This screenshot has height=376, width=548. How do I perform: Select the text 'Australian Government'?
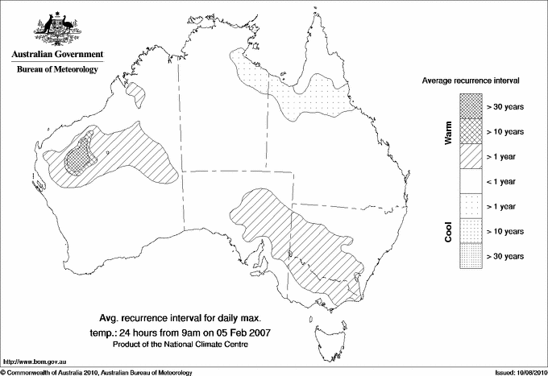point(57,55)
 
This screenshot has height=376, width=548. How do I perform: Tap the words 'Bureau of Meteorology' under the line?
point(57,70)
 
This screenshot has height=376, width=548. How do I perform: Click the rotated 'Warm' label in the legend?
point(449,130)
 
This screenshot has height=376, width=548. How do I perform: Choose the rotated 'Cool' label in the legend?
point(449,231)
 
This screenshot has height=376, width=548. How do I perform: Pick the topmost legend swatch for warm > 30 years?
point(471,105)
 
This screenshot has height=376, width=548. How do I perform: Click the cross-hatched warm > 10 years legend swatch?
point(471,130)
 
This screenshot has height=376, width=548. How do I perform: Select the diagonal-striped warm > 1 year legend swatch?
point(471,155)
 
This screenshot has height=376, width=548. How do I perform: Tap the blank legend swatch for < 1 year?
point(471,180)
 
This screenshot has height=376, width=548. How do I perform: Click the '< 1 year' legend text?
point(504,181)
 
